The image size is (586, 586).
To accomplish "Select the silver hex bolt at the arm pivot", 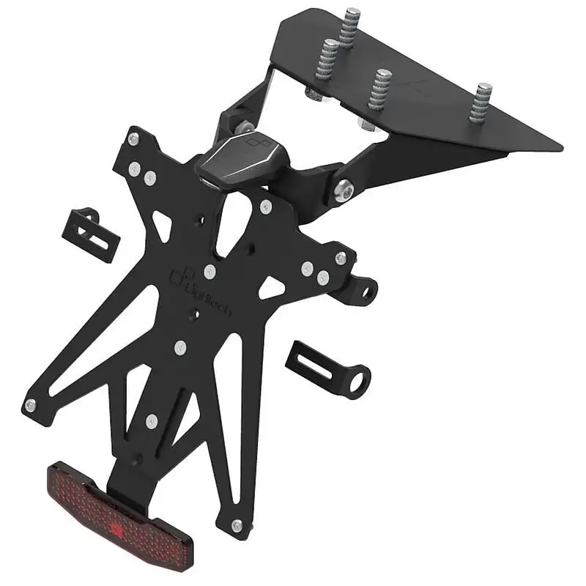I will (342, 191).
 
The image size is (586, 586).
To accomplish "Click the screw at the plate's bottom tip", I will (236, 525).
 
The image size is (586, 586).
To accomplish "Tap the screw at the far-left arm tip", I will (31, 404).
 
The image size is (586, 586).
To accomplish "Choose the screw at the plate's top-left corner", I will (133, 138).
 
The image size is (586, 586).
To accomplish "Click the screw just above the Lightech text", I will (209, 272).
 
